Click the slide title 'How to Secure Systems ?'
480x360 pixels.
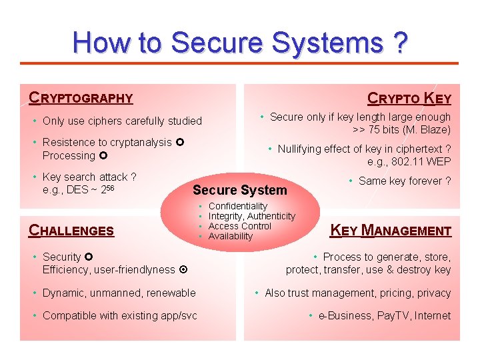240,43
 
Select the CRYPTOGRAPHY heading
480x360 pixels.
81,99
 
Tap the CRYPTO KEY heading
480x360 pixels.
409,99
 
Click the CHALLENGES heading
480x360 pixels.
71,231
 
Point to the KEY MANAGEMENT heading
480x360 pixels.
391,231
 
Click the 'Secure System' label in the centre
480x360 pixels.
239,190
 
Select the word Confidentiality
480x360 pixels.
237,207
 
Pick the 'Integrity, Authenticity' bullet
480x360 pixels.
251,217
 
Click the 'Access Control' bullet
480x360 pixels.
240,226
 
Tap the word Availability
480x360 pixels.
231,236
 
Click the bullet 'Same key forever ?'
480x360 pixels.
405,181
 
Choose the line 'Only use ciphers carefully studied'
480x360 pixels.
122,121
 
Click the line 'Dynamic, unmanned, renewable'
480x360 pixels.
119,293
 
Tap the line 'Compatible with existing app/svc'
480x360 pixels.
119,315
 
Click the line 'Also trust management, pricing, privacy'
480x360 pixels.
357,293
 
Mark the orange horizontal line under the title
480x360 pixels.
240,63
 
